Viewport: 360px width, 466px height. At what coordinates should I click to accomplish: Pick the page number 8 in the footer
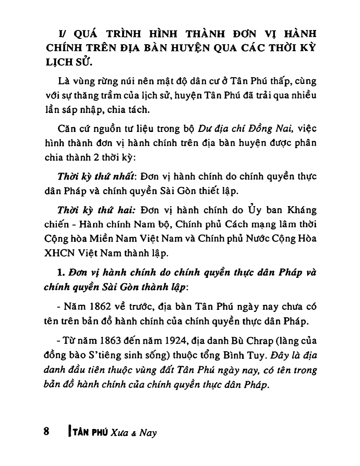(46, 432)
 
